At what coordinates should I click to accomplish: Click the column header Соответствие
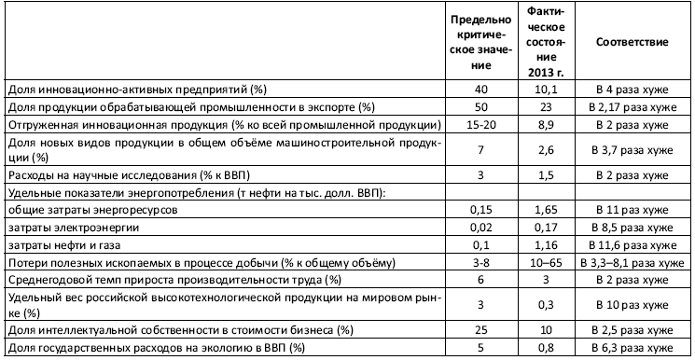(x=629, y=43)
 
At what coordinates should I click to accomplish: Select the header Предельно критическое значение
(x=480, y=43)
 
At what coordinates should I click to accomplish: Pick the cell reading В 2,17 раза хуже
(x=629, y=107)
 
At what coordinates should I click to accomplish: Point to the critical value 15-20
(x=480, y=124)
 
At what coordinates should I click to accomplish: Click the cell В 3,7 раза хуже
(x=629, y=149)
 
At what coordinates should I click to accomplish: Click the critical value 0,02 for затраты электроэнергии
(x=480, y=228)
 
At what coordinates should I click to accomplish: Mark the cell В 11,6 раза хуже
(x=629, y=246)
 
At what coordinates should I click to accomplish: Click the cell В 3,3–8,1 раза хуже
(x=629, y=263)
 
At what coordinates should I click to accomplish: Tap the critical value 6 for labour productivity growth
(x=480, y=280)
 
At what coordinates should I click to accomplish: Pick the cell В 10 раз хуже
(x=629, y=305)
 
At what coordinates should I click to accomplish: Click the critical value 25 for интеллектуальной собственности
(x=480, y=331)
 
